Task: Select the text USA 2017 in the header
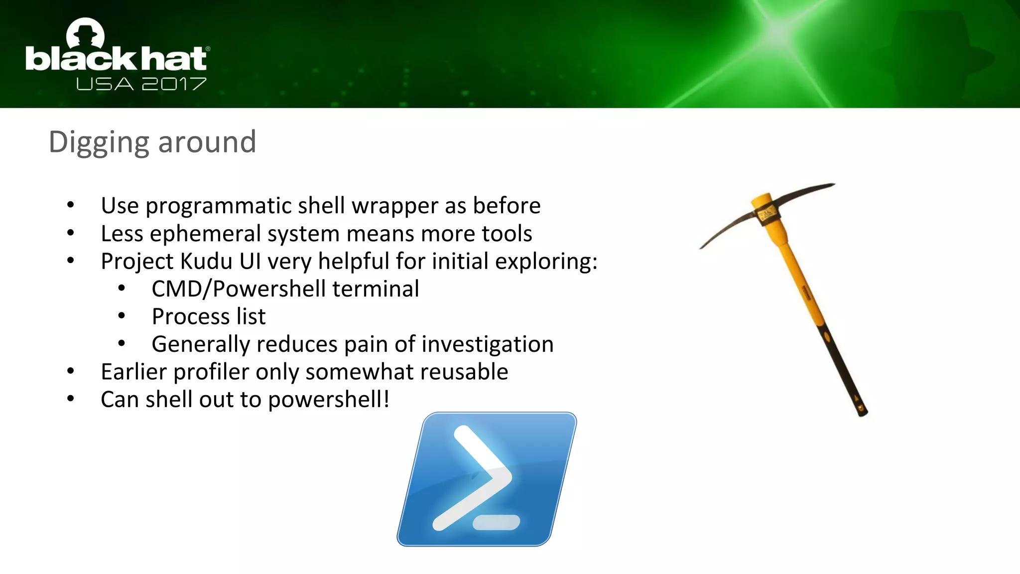pos(141,84)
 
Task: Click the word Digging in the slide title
pos(99,143)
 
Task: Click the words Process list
pos(208,316)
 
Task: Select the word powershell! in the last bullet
pos(328,400)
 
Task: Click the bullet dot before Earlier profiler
pos(71,371)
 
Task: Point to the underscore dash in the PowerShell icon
pos(496,522)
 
